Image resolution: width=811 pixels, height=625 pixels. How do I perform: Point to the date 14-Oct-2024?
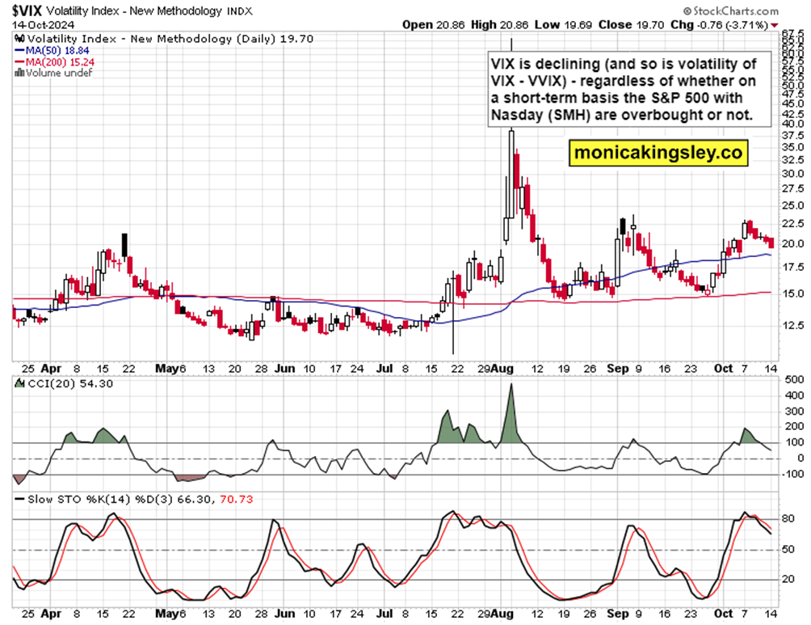click(x=32, y=25)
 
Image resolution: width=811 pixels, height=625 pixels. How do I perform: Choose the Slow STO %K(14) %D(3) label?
click(x=133, y=499)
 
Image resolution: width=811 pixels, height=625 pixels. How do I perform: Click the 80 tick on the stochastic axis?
click(x=788, y=518)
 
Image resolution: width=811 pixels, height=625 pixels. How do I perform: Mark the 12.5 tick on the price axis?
click(x=793, y=325)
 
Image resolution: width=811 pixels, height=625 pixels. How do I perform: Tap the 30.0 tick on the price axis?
click(x=793, y=173)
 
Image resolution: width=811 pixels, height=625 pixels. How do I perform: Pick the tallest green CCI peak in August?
click(x=511, y=386)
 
